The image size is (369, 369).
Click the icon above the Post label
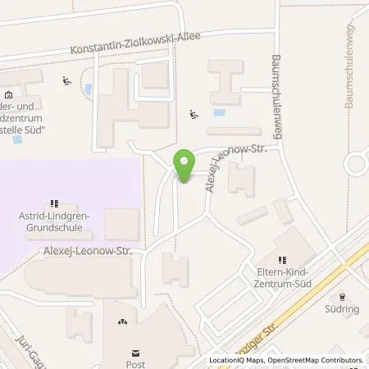pos(124,333)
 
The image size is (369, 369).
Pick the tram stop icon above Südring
pos(343,298)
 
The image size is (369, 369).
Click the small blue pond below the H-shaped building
pos(217,113)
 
